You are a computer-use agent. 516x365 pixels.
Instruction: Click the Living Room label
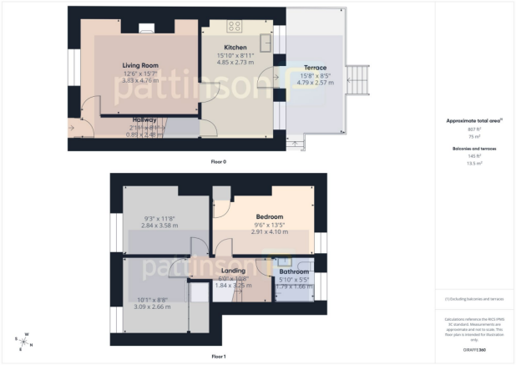pyautogui.click(x=140, y=65)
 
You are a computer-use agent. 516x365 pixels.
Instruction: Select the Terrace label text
pyautogui.click(x=314, y=68)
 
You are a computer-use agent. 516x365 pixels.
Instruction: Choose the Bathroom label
pyautogui.click(x=294, y=272)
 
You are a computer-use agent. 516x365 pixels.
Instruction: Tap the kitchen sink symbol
pyautogui.click(x=267, y=42)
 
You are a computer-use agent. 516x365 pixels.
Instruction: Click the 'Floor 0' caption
pyautogui.click(x=218, y=160)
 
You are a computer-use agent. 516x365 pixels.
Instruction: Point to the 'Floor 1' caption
pyautogui.click(x=218, y=357)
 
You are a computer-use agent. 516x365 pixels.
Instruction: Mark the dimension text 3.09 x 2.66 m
pyautogui.click(x=151, y=307)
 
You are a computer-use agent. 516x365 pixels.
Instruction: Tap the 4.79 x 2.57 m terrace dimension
pyautogui.click(x=314, y=83)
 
